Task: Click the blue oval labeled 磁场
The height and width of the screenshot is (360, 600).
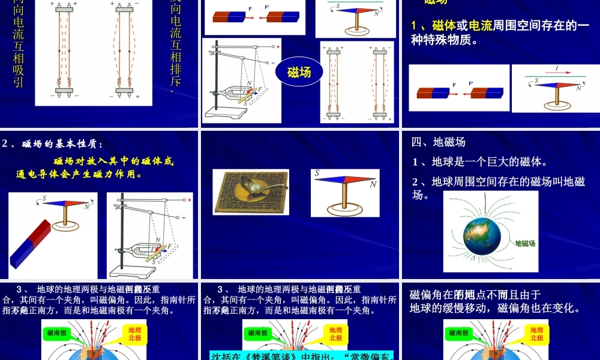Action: pos(299,73)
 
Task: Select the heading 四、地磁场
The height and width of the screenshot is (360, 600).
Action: pos(439,142)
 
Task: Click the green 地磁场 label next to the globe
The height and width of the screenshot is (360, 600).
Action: pos(525,244)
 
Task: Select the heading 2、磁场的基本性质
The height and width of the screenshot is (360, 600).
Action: pos(53,143)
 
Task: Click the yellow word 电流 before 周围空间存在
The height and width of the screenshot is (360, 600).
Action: pos(480,25)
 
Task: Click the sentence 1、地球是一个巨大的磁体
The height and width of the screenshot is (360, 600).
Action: pos(480,162)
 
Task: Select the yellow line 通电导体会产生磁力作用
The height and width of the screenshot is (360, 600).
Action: pos(79,175)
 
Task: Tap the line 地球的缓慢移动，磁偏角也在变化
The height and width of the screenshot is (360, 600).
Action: pos(495,308)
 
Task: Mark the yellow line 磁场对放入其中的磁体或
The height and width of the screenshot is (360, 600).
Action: pos(113,161)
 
